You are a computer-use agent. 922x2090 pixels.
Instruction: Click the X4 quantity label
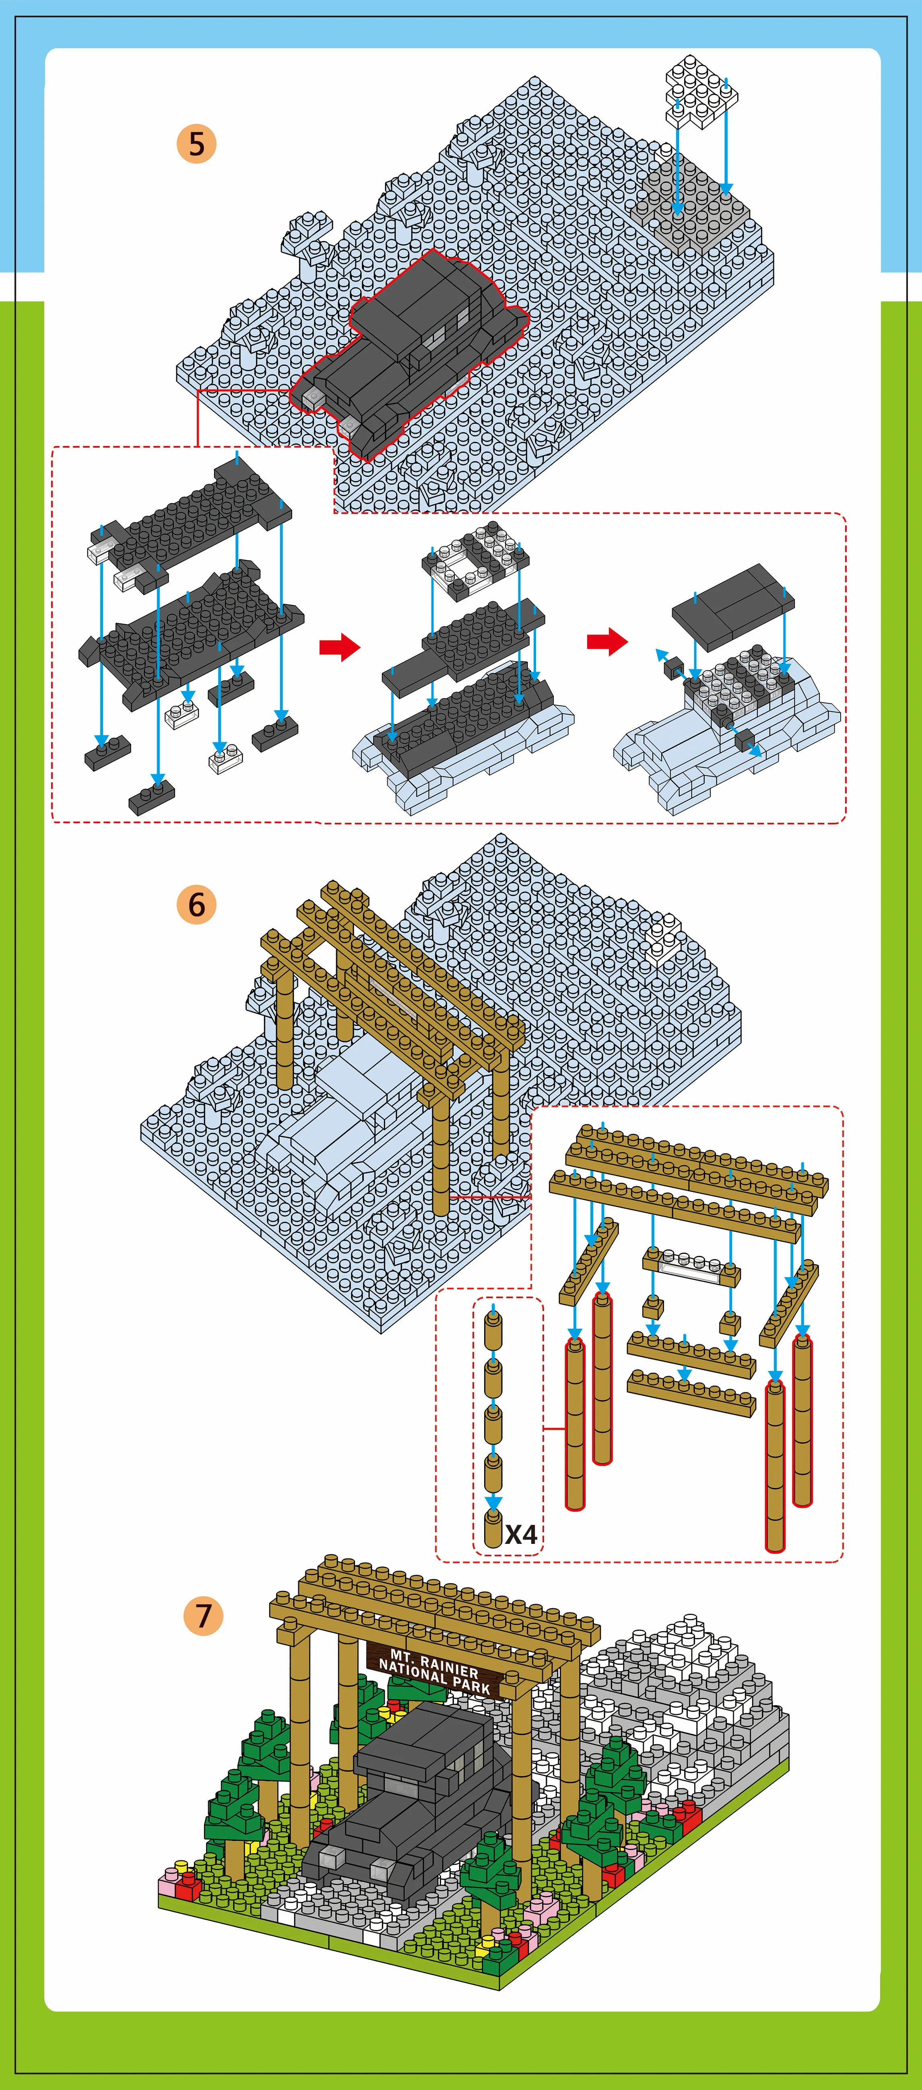coord(521,1534)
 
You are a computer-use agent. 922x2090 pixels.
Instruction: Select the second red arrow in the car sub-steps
coord(607,641)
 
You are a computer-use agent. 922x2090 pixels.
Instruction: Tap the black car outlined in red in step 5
coord(410,353)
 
